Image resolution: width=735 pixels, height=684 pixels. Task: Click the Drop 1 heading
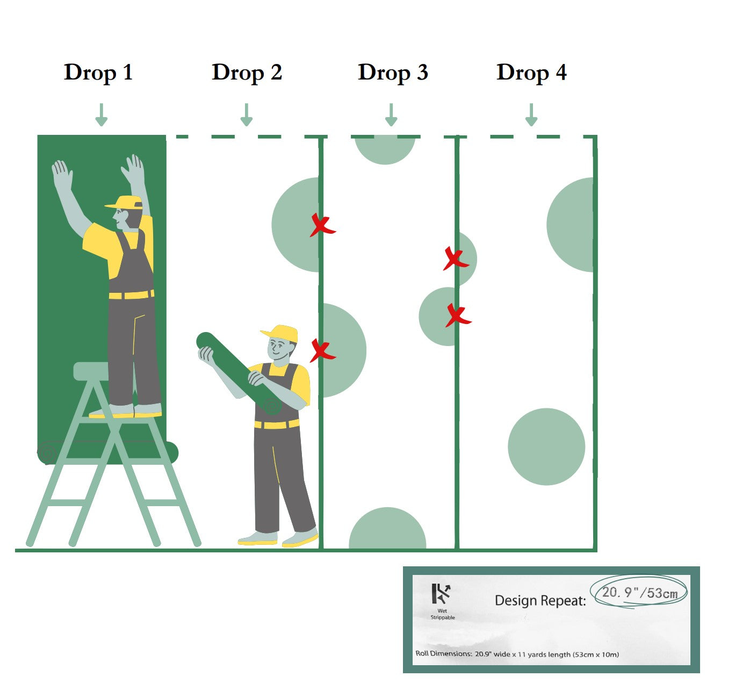(x=98, y=73)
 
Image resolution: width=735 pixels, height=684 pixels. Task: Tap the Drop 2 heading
(x=247, y=73)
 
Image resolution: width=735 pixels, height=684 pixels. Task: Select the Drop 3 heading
(x=393, y=73)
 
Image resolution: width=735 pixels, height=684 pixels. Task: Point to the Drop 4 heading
(x=531, y=73)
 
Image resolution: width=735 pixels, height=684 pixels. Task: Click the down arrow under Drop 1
(x=101, y=115)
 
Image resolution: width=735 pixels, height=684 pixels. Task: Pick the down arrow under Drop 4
(x=531, y=115)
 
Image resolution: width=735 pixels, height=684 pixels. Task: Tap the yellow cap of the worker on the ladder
(x=125, y=203)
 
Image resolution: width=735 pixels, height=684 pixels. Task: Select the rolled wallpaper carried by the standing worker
(x=239, y=373)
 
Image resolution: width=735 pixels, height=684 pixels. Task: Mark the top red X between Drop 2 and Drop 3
(x=322, y=225)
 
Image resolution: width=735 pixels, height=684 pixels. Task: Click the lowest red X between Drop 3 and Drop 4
(x=458, y=316)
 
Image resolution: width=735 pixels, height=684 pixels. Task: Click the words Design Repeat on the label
(x=541, y=600)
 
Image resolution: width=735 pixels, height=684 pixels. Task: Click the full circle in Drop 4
(x=546, y=447)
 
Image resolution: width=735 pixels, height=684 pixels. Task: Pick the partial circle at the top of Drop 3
(x=385, y=150)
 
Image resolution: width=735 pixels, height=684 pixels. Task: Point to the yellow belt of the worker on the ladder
(x=132, y=294)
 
